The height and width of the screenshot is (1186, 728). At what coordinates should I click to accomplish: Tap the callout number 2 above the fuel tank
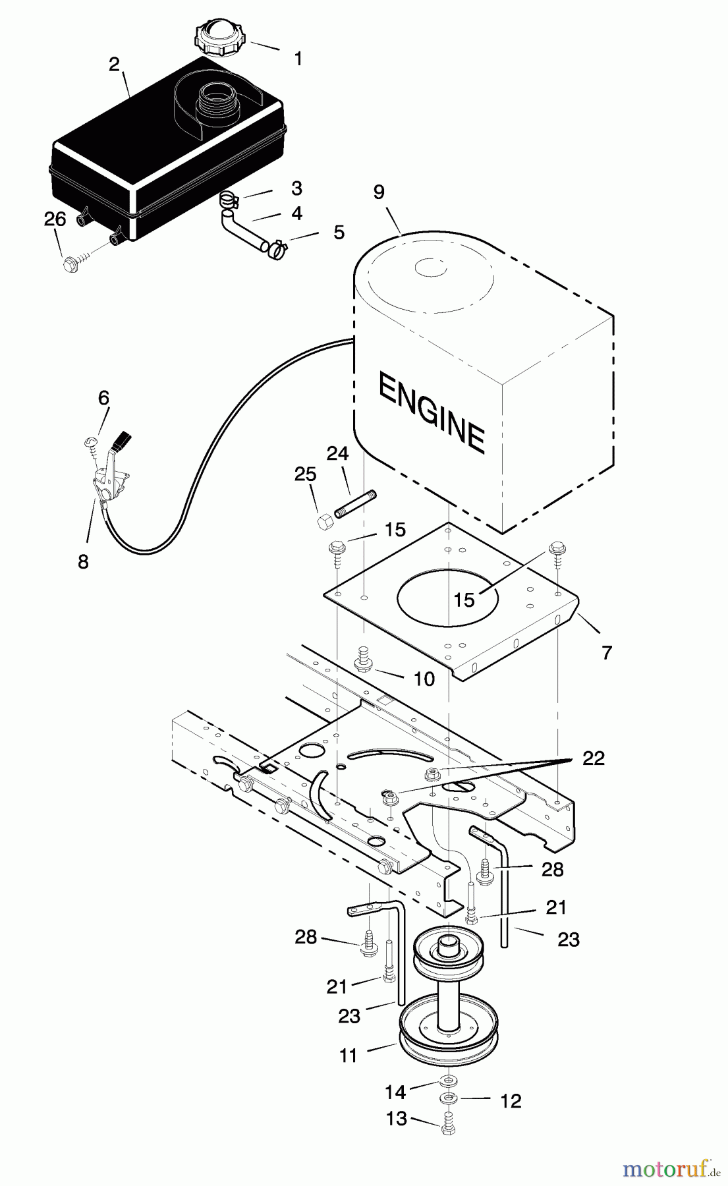pyautogui.click(x=114, y=64)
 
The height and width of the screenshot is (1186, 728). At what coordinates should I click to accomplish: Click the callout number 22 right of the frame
pyautogui.click(x=594, y=758)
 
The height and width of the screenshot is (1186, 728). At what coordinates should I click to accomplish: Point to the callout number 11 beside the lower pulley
pyautogui.click(x=348, y=1055)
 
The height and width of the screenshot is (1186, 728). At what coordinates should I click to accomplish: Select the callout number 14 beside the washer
pyautogui.click(x=395, y=1092)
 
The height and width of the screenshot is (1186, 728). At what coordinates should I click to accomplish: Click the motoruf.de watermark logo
pyautogui.click(x=671, y=1169)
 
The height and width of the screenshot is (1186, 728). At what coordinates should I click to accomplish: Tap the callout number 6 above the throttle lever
pyautogui.click(x=103, y=397)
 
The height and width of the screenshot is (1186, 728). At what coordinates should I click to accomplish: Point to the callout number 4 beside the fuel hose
pyautogui.click(x=296, y=213)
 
